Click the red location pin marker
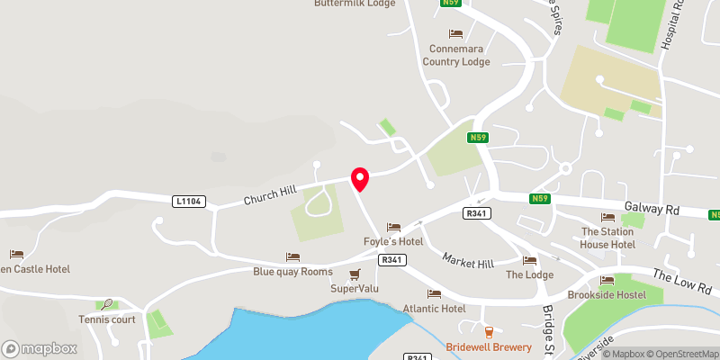pos(360,179)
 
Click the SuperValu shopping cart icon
pos(355,274)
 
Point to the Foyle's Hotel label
pos(392,241)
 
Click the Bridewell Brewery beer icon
pos(489,333)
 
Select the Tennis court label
pos(106,319)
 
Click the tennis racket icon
pos(108,304)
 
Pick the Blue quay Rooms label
pos(292,272)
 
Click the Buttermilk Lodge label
pos(355,4)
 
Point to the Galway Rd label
pos(655,208)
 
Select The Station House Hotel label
pos(607,238)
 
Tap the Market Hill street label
pos(468,260)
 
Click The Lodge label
pos(529,274)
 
